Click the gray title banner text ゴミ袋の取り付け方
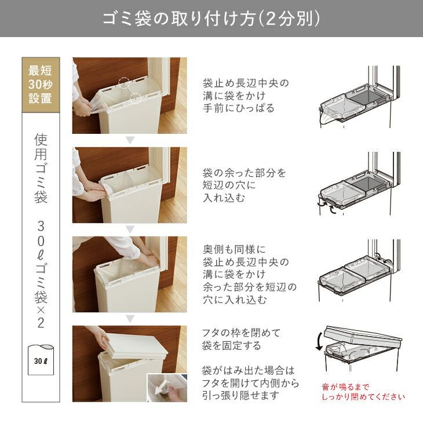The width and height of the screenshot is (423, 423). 179,19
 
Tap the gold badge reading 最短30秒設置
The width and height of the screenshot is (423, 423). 41,85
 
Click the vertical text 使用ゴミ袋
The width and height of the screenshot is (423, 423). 41,169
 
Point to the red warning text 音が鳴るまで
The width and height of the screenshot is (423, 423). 345,387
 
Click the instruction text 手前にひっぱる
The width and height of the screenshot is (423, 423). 239,108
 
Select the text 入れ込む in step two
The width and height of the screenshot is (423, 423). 224,198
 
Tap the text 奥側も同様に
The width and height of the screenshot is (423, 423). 234,250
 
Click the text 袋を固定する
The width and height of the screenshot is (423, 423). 231,345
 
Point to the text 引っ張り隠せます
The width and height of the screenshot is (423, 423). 240,396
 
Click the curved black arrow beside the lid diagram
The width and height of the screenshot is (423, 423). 319,341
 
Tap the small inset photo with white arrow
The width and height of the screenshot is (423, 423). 167,388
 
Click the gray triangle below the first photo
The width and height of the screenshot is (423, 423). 130,140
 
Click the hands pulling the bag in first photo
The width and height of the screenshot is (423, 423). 83,107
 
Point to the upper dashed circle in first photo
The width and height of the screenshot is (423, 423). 124,82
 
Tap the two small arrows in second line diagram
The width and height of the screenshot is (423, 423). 327,207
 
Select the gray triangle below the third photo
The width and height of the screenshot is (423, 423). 130,319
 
